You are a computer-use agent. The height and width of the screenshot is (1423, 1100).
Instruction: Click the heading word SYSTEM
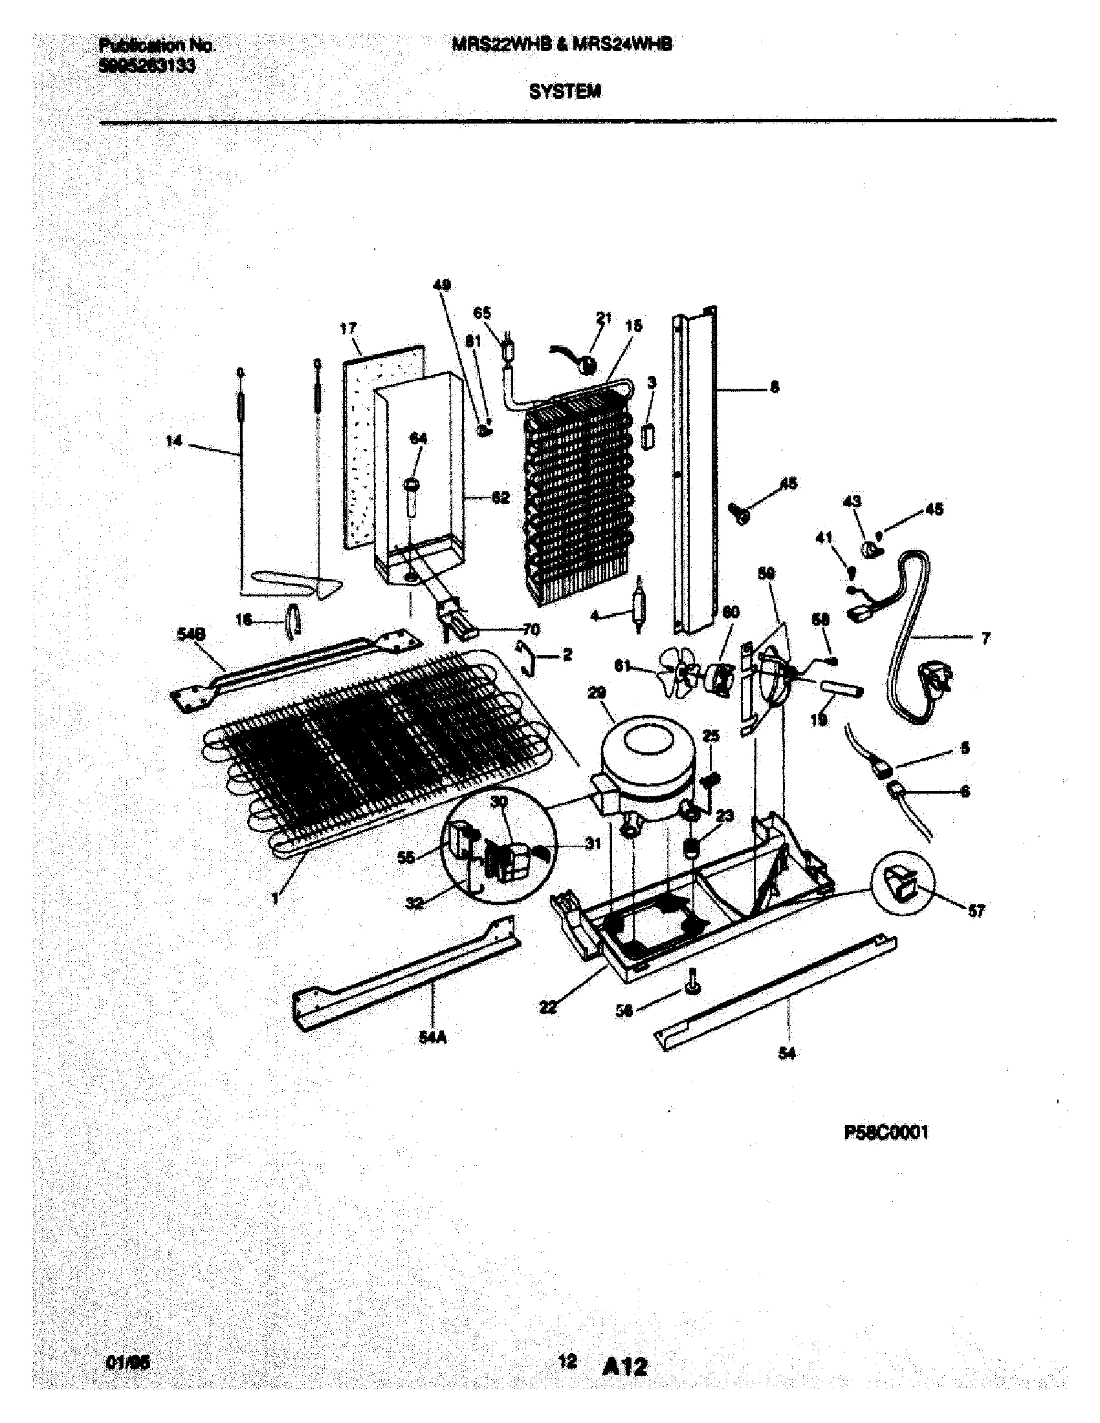[x=564, y=92]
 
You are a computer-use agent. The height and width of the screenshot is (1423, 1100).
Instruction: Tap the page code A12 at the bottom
[x=625, y=1365]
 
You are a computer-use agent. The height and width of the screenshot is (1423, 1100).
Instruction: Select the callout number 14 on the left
[x=173, y=441]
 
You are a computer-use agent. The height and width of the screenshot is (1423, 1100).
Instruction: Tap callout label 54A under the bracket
[x=433, y=1039]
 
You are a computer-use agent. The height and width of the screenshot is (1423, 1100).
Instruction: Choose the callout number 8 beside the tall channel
[x=773, y=386]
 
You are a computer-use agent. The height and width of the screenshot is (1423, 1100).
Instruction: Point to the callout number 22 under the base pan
[x=549, y=1006]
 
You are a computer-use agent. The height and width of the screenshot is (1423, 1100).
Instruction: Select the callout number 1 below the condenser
[x=275, y=898]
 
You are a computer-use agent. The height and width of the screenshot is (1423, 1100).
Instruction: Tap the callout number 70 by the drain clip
[x=531, y=629]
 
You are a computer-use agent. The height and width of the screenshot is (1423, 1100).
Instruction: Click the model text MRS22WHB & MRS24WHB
[x=561, y=44]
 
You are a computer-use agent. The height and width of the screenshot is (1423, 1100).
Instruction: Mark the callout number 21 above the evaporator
[x=604, y=318]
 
